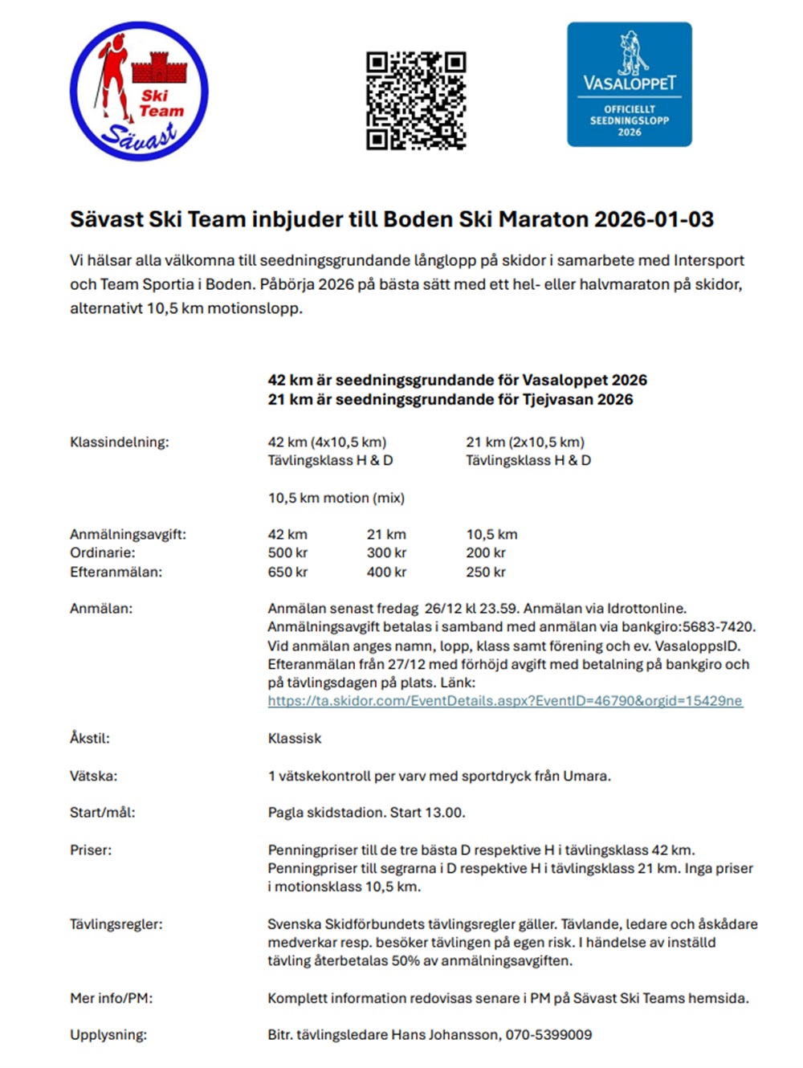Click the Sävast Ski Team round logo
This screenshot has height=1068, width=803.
point(139,91)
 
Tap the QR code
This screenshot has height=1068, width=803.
point(416,100)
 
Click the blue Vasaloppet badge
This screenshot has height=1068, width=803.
point(629,84)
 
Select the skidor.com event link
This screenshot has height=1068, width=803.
point(505,701)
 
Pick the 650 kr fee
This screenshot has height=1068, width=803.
point(287,572)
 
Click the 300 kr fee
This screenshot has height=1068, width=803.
point(386,552)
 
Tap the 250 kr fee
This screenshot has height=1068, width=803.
point(486,572)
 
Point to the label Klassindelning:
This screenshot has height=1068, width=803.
point(120,442)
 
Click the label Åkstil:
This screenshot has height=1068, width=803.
point(90,738)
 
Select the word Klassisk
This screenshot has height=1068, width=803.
point(295,738)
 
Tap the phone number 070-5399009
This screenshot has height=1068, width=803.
point(548,1034)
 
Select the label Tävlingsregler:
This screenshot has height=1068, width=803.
point(116,924)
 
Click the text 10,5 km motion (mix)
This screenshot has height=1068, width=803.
point(336,498)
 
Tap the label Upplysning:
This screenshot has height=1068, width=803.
point(108,1034)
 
